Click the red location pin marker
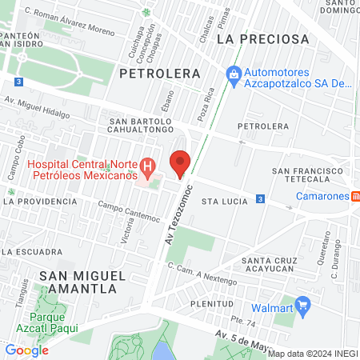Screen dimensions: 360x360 click(x=181, y=163)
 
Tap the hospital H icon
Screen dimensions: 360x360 click(x=147, y=167)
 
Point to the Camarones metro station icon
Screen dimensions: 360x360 click(x=355, y=196)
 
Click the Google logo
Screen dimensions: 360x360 click(x=27, y=350)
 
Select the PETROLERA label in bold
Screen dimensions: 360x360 click(x=159, y=73)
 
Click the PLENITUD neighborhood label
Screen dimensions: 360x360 click(x=212, y=305)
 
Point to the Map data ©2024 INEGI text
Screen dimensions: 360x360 click(x=312, y=353)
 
